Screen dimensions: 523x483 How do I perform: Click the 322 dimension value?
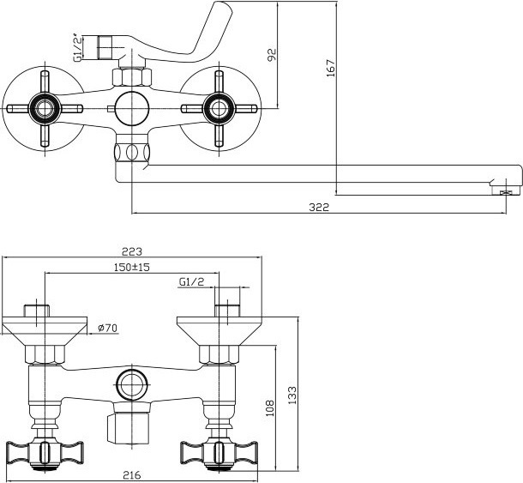tap(319, 208)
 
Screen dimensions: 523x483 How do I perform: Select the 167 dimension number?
tap(331, 69)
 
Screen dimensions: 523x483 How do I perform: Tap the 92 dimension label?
tap(272, 55)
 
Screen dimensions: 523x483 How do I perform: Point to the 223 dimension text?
tap(132, 251)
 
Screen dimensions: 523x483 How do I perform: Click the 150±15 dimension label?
tap(132, 267)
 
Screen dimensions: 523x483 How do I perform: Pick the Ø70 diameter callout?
tap(108, 328)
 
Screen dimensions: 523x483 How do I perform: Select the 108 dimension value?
tap(269, 408)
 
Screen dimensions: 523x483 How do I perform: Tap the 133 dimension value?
tap(292, 395)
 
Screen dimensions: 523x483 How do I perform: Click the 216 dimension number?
tap(132, 474)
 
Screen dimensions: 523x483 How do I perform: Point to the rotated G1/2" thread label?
tap(77, 47)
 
